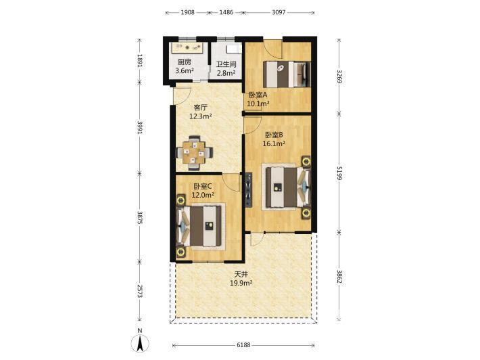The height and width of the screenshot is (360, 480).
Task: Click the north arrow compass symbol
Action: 140,343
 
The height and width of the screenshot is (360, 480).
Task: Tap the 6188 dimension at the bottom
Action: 243,345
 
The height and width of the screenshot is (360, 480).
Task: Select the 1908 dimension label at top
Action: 187,12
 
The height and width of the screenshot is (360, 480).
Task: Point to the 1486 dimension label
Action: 226,12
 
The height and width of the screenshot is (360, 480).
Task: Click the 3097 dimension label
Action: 279,12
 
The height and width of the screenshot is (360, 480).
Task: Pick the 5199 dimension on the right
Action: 339,173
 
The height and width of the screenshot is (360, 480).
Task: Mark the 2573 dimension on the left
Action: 140,291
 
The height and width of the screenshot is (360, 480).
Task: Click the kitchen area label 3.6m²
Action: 185,71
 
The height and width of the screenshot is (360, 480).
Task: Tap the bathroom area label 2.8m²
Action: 226,73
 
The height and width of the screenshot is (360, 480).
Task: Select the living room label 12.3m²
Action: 201,116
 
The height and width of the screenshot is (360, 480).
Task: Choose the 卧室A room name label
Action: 258,95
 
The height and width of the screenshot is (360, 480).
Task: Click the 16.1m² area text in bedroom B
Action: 274,143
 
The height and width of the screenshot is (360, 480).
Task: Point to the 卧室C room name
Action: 203,186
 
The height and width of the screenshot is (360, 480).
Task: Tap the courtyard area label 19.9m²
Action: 241,283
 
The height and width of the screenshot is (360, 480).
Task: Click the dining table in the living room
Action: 194,152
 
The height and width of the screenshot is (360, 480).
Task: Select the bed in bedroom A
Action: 287,74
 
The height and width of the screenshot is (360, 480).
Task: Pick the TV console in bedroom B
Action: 249,189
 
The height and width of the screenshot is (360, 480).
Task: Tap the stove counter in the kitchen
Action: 187,47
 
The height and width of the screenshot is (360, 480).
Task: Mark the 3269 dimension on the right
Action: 339,76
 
